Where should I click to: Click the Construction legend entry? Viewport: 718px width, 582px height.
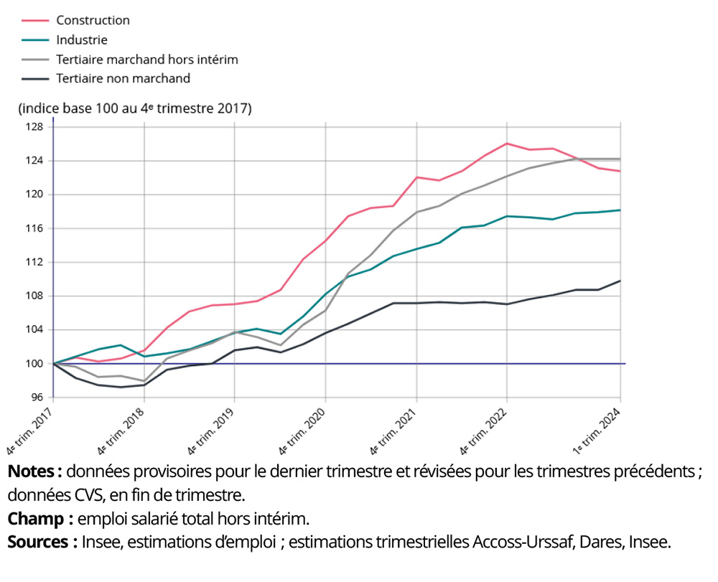click(x=93, y=20)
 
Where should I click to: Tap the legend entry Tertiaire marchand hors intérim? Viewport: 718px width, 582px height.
click(x=146, y=60)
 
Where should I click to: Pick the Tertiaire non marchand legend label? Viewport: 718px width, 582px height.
click(x=123, y=78)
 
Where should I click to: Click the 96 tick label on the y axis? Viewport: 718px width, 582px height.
click(x=37, y=398)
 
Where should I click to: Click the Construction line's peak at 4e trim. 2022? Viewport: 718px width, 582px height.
click(x=507, y=144)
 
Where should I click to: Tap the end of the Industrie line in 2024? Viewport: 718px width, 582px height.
click(x=620, y=210)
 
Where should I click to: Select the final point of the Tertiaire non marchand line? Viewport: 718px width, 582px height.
click(x=620, y=281)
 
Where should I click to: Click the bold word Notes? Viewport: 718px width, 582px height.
click(x=33, y=472)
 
